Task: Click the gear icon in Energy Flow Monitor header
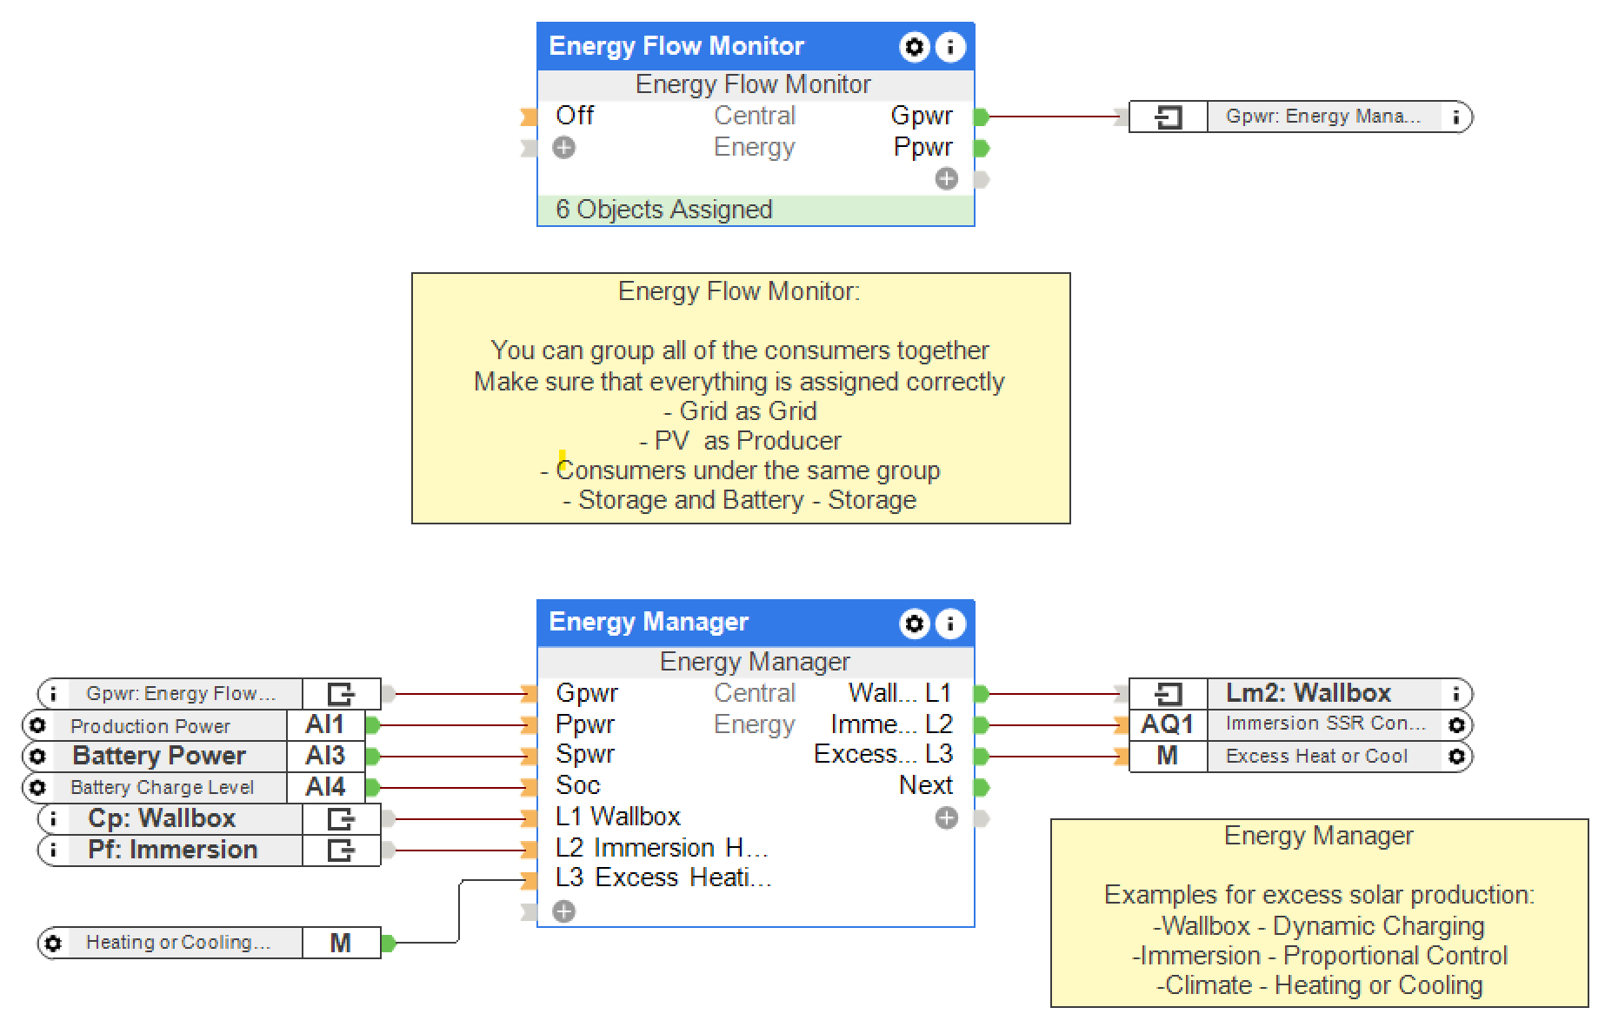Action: click(x=914, y=47)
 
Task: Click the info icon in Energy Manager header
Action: click(x=950, y=624)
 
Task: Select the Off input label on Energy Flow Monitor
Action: click(x=575, y=116)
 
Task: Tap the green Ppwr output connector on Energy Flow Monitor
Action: click(x=982, y=148)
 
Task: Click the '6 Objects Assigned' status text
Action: click(x=664, y=210)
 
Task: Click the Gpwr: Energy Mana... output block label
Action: click(x=1323, y=117)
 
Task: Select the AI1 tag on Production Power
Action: click(x=325, y=724)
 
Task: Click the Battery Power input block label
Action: click(x=159, y=756)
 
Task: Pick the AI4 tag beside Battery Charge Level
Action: click(x=325, y=787)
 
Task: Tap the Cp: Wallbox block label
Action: click(x=162, y=818)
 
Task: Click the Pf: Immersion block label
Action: click(x=172, y=850)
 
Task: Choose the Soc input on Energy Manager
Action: click(x=578, y=785)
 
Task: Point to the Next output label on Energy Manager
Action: click(x=926, y=785)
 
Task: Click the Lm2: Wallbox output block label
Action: click(x=1309, y=693)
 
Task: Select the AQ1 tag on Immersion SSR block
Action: click(x=1167, y=724)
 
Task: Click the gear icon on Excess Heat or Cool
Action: click(x=1456, y=757)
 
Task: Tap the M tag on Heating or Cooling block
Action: click(x=341, y=943)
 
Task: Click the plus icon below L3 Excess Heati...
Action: click(x=564, y=911)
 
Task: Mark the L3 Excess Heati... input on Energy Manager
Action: click(x=663, y=877)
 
